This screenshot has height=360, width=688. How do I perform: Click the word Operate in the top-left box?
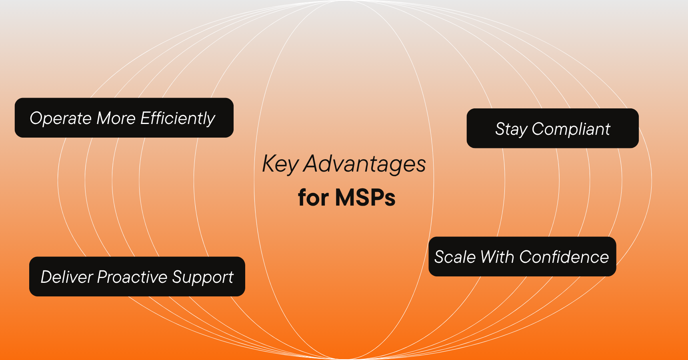pos(60,118)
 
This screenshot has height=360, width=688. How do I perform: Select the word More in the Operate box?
pos(116,118)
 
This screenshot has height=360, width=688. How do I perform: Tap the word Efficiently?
pos(178,118)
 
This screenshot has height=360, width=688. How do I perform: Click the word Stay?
pos(511,129)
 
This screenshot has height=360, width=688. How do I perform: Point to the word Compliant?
pos(571,129)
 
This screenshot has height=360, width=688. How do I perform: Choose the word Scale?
pos(455,257)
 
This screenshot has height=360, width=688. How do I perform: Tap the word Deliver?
pos(66,277)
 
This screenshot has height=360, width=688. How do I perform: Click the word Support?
pos(203,277)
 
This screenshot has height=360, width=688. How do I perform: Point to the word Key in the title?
pos(280,164)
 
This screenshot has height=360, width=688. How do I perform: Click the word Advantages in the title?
pos(364,164)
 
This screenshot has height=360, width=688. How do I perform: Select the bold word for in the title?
pos(313,198)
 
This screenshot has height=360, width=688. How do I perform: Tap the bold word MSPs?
pos(365,198)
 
